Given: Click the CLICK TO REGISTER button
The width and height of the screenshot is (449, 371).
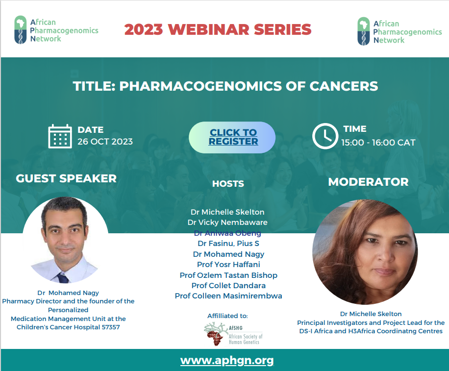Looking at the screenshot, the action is tap(232, 137).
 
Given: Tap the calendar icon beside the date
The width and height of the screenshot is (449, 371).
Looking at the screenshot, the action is tap(60, 136).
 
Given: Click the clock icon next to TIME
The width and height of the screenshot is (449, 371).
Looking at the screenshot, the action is tap(325, 136).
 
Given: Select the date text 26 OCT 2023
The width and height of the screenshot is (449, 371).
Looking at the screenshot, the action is tap(105, 142).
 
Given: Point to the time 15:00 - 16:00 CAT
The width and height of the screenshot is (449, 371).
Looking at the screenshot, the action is tap(378, 142).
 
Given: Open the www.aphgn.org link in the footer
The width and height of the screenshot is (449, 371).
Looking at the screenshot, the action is tap(227, 360).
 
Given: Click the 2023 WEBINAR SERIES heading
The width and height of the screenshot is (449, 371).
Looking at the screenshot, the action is tap(218, 29).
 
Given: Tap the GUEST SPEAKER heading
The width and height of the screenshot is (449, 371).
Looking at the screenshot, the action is tap(66, 178).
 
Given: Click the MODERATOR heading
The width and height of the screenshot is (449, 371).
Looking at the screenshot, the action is tap(368, 182).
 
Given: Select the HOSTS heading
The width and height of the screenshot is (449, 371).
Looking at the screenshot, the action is tap(228, 183).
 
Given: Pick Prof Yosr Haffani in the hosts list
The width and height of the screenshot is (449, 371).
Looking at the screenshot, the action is tap(228, 264).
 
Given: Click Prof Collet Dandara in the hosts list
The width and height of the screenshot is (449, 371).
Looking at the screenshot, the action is tap(228, 285).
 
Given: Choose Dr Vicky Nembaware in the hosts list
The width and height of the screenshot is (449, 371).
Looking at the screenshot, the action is tap(227, 222).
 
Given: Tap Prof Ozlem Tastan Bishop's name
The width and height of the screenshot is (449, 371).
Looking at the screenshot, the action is tap(228, 275).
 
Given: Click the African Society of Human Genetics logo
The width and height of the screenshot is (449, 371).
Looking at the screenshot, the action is tap(233, 334).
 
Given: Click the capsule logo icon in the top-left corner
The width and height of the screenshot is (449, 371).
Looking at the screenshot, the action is tap(20, 30).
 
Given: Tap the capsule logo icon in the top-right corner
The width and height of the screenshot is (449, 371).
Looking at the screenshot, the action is tap(363, 31).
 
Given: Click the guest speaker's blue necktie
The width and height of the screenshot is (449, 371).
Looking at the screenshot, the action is tap(63, 278).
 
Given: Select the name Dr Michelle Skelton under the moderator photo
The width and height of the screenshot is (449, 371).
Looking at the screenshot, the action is tap(371, 314).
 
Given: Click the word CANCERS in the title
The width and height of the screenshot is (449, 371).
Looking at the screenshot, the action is tap(344, 86).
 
